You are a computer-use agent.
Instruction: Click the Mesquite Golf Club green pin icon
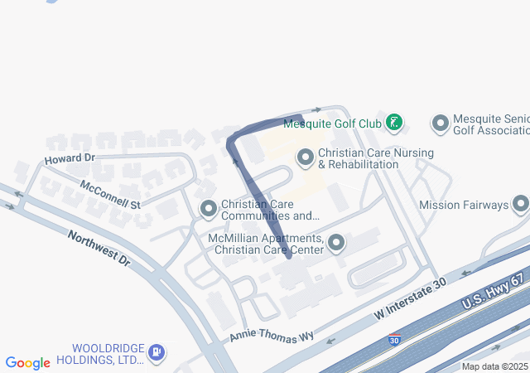(395, 124)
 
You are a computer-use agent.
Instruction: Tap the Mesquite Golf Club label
(332, 124)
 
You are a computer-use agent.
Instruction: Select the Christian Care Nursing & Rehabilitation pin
(306, 156)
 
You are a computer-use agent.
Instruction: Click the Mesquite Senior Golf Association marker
(441, 124)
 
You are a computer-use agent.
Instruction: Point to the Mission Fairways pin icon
(520, 203)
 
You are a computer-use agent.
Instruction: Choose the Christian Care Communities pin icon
(208, 207)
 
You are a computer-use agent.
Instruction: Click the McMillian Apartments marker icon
(336, 242)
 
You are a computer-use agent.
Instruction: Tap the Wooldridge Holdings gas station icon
(157, 353)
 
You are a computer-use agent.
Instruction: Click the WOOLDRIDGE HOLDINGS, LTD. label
(108, 354)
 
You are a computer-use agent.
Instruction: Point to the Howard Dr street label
(70, 157)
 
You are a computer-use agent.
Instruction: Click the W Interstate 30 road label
(411, 300)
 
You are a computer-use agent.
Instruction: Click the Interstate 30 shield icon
(395, 340)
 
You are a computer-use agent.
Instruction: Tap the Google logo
(28, 363)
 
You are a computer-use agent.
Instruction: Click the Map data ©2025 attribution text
(494, 366)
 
